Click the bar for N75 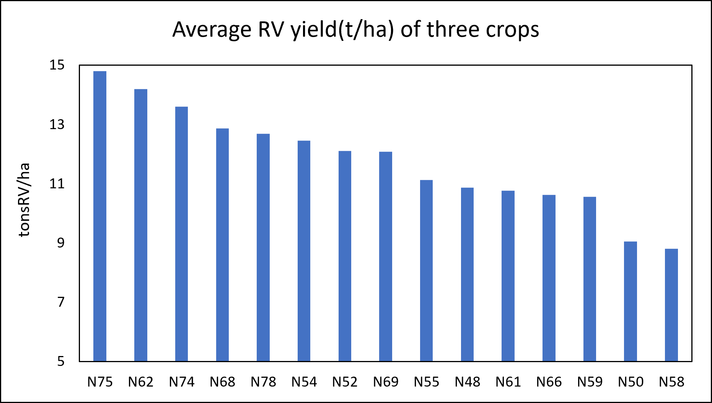100,216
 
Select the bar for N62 141,225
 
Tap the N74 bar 181,234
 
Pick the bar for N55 426,270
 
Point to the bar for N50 631,301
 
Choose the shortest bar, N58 671,305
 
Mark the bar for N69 386,256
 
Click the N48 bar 467,274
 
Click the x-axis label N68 222,382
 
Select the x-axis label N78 263,382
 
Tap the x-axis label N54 304,382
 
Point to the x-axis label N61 508,382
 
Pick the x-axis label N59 590,382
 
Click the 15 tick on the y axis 57,65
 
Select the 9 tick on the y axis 61,243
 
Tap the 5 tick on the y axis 61,361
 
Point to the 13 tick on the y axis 57,124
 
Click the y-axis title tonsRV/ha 24,200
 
